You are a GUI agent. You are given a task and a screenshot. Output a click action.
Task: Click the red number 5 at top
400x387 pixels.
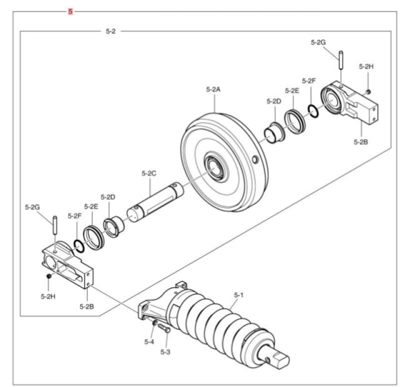70,11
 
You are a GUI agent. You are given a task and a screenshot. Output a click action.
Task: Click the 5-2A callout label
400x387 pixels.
213,89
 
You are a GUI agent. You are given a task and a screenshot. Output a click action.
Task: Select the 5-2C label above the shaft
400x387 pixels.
149,173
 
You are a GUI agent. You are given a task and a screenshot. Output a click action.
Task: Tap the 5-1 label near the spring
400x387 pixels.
238,295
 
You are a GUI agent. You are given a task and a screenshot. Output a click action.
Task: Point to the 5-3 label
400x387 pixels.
165,352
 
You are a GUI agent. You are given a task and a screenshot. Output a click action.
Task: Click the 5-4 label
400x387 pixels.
149,342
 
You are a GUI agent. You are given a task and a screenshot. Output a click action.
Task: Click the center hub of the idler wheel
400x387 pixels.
215,168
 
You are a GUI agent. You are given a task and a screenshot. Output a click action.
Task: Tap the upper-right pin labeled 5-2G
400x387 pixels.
340,60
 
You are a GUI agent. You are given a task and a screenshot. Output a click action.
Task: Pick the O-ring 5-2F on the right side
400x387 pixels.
313,111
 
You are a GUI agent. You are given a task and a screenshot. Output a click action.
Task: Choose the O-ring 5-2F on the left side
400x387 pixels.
78,244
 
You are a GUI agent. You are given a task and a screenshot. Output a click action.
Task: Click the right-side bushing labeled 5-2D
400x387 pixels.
273,132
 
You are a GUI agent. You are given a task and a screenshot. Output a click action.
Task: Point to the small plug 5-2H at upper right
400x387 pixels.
368,91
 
